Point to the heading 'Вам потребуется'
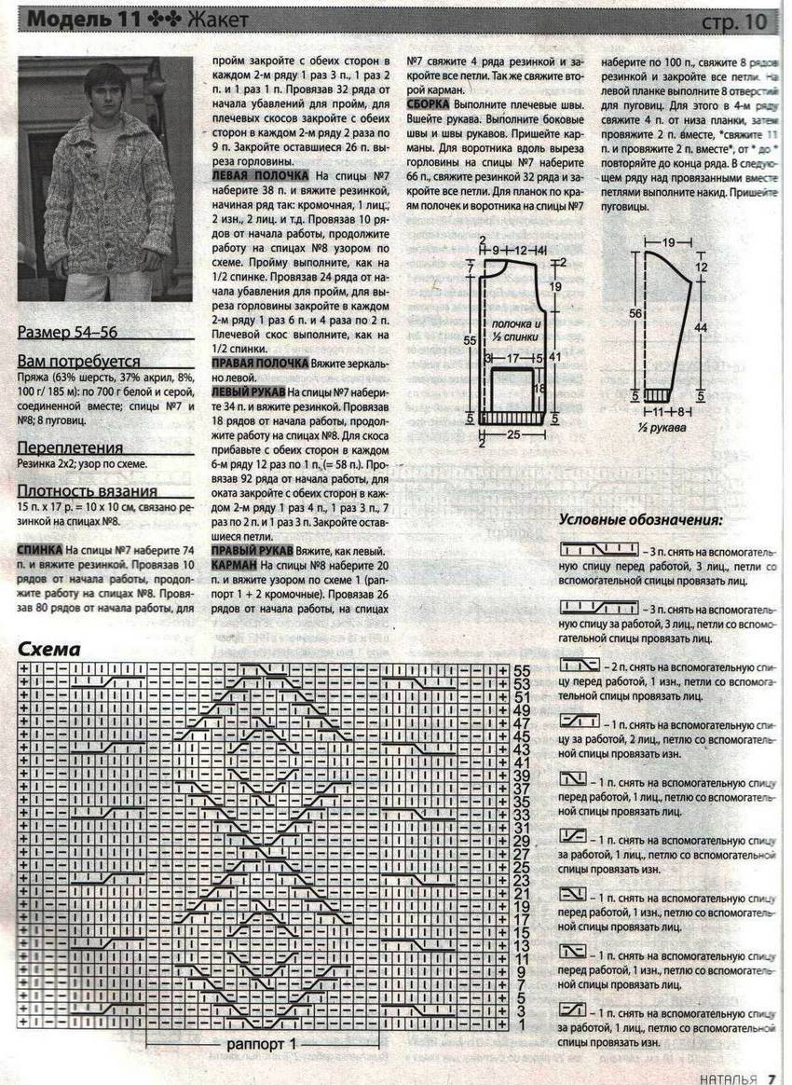point(78,362)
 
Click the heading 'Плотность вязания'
point(87,491)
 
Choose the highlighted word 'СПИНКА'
point(40,550)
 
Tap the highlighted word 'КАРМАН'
point(234,565)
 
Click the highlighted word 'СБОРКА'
point(429,104)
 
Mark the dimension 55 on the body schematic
point(471,342)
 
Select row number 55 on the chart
point(521,670)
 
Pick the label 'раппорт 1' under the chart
point(261,1044)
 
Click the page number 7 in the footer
point(772,1078)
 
